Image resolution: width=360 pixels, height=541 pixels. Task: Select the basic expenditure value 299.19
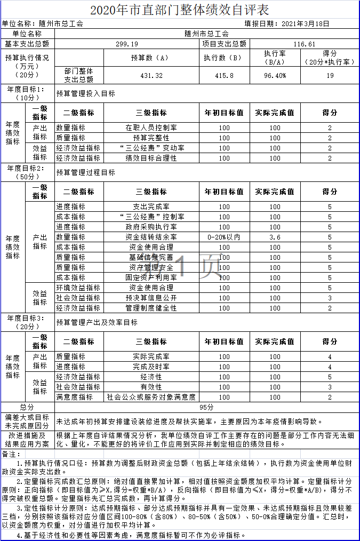(x=127, y=43)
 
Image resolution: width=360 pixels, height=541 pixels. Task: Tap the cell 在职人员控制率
(x=151, y=128)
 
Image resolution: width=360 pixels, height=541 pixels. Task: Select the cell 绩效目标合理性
(x=151, y=158)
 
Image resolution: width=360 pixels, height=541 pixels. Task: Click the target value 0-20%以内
(x=224, y=237)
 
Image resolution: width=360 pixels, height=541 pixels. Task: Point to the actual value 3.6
(x=275, y=237)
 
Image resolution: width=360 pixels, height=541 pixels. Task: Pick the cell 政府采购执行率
(x=151, y=227)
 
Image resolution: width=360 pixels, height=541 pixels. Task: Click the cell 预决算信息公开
(x=151, y=298)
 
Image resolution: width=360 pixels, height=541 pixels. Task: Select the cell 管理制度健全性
(x=151, y=308)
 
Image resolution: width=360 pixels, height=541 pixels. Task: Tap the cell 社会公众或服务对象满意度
(x=151, y=397)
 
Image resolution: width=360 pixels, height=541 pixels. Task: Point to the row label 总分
(x=27, y=407)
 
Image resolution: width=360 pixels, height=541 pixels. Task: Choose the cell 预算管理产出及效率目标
(x=97, y=322)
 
